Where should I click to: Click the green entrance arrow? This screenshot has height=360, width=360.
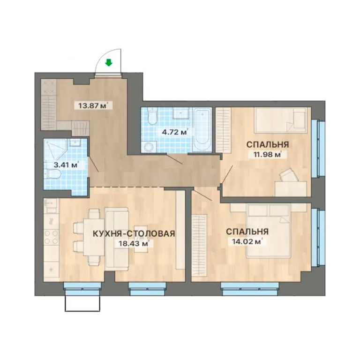[x=109, y=62]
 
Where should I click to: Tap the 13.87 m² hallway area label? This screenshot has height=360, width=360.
[x=93, y=106]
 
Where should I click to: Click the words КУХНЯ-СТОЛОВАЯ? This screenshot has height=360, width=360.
[x=134, y=233]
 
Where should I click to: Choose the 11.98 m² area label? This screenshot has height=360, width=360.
[x=268, y=155]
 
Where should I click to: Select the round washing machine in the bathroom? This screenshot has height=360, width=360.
[x=149, y=146]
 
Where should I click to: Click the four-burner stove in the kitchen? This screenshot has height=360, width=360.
[x=51, y=237]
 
